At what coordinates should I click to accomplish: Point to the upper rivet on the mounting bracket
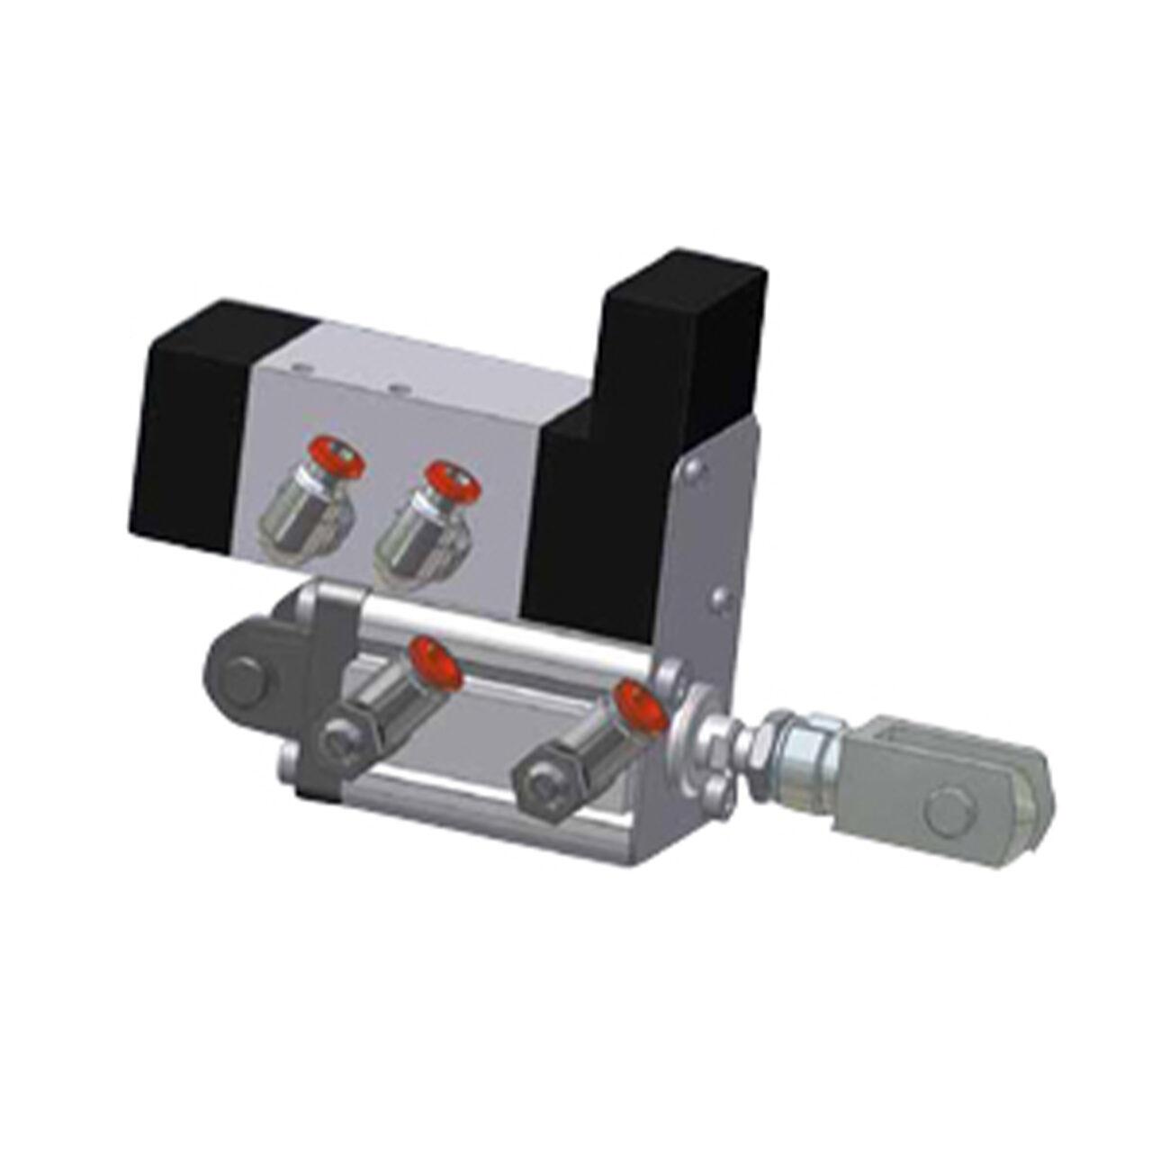[x=693, y=469]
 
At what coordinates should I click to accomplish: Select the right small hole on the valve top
[x=397, y=389]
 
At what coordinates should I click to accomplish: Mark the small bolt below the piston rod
[x=715, y=793]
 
